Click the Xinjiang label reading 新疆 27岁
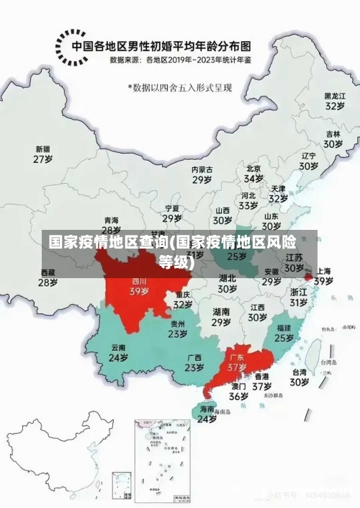(x=43, y=154)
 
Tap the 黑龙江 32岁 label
(x=333, y=100)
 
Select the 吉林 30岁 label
(x=332, y=138)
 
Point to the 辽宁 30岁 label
(x=309, y=161)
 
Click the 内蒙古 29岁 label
(x=202, y=174)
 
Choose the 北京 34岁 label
(x=253, y=173)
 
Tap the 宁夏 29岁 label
(x=171, y=213)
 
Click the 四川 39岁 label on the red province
(x=139, y=287)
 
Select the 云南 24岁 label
(x=118, y=352)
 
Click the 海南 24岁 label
(x=207, y=414)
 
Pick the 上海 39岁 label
(x=323, y=276)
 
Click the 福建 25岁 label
(x=284, y=332)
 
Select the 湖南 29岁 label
(x=221, y=317)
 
